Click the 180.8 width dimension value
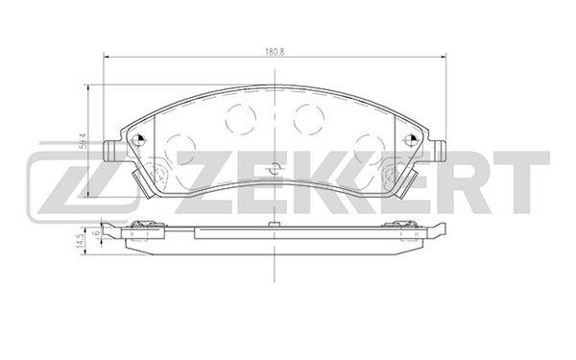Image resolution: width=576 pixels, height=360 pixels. tap(275, 52)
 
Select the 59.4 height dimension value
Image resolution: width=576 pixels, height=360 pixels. tap(84, 141)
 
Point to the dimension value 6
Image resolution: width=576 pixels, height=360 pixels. tap(98, 233)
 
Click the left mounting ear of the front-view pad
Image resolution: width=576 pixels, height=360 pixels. tap(110, 151)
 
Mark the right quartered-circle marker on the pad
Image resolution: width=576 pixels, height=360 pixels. tap(409, 139)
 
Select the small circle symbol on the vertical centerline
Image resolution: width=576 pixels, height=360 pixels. tap(275, 169)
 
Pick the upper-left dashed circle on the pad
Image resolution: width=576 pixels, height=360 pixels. tap(241, 119)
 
